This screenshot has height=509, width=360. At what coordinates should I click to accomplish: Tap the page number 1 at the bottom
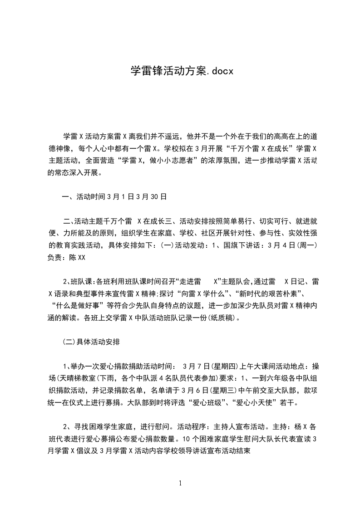pos(180,483)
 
